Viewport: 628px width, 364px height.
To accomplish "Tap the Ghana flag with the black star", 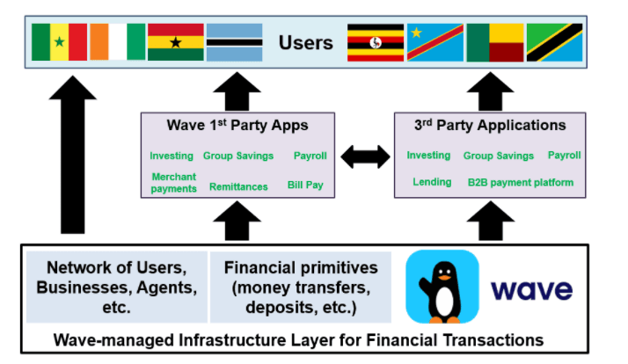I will (175, 42).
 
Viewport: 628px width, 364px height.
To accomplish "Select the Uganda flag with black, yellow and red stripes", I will (376, 42).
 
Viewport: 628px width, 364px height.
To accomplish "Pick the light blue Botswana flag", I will (233, 42).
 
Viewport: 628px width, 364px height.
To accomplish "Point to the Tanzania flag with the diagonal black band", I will (554, 42).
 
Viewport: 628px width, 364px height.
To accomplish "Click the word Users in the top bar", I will (305, 42).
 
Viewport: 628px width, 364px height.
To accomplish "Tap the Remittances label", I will (238, 186).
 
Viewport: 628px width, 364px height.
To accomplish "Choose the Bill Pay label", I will (306, 186).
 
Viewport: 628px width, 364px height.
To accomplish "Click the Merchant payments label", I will (173, 182).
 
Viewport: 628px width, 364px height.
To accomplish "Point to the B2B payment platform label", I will (520, 182).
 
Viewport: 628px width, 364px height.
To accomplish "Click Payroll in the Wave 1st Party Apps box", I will (310, 156).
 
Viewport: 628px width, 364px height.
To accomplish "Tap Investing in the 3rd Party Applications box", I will (428, 155).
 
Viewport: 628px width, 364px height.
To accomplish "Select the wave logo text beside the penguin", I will (531, 289).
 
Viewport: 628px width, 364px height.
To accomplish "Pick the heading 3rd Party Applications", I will (489, 125).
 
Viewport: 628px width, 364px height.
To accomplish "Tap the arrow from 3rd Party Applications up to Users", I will (490, 89).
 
